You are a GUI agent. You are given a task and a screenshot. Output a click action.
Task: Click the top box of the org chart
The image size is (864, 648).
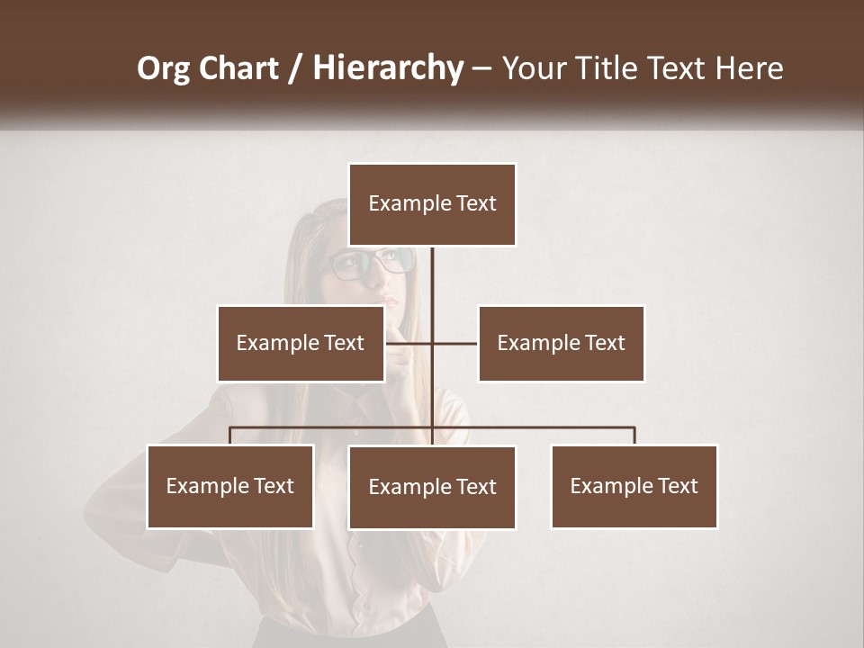(x=432, y=204)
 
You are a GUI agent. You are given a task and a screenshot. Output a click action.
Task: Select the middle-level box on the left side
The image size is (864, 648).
(x=300, y=343)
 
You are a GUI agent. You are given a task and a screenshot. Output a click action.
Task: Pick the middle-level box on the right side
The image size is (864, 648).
(x=561, y=343)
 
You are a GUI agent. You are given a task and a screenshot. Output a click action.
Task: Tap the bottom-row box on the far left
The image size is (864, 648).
(x=229, y=486)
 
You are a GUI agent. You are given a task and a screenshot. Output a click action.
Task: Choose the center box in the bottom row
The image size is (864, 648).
(x=432, y=487)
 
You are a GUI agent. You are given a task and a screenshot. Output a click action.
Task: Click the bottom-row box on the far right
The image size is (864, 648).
(x=634, y=486)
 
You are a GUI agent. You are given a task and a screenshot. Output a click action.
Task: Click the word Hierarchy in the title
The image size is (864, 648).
(x=388, y=68)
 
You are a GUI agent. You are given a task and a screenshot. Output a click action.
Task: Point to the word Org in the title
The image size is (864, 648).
(x=165, y=68)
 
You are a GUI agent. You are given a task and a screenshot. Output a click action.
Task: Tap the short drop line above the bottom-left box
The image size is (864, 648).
(x=230, y=436)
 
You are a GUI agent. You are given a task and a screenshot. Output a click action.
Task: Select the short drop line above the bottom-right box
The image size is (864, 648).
(x=634, y=436)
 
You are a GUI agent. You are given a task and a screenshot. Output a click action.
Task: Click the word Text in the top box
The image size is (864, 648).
(x=475, y=204)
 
